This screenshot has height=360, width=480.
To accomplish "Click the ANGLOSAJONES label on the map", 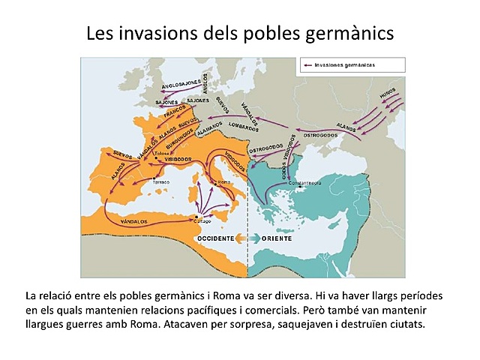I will pos(181,85).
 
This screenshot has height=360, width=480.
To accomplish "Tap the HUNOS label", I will pos(387,92).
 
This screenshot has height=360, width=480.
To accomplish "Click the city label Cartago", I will pos(202,220).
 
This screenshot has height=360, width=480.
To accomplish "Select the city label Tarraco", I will pos(160,182).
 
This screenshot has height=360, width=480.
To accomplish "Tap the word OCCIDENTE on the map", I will pos(215,238).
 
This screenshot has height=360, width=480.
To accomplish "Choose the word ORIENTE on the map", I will pos(277,238).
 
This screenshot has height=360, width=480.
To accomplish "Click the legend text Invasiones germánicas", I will pos(345,65).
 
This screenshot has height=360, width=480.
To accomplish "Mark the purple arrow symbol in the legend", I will pos(307,65).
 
